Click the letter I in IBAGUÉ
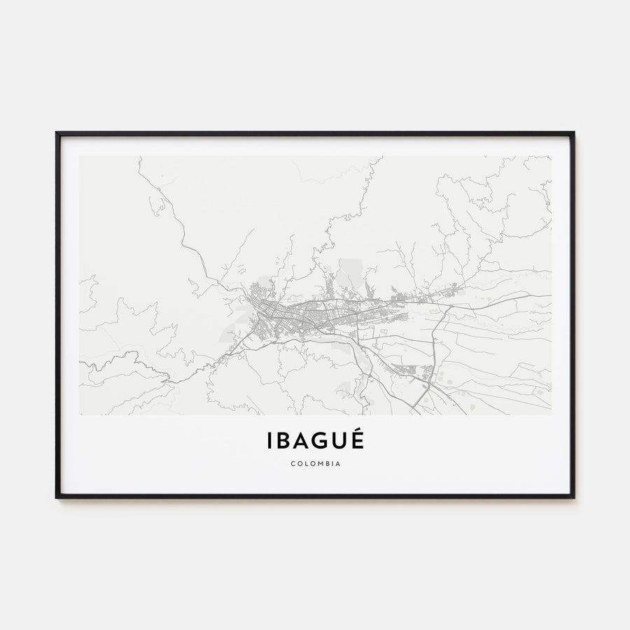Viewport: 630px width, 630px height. (x=269, y=441)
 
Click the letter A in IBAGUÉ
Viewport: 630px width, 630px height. (x=303, y=441)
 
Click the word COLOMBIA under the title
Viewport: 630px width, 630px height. (x=315, y=463)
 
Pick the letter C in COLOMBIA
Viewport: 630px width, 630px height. (x=290, y=463)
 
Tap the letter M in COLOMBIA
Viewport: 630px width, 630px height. (x=319, y=463)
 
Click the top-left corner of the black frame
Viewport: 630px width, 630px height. (x=57, y=132)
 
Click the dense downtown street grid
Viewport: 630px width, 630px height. (x=269, y=318)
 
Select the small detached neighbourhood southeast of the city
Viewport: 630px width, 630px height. (x=406, y=369)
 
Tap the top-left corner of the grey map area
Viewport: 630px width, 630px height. (x=80, y=157)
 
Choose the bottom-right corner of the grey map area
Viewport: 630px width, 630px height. (x=550, y=414)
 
